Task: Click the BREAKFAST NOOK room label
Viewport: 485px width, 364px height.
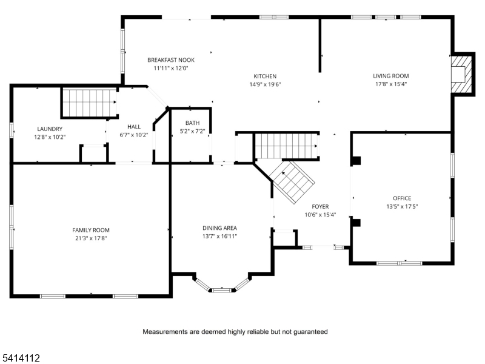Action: click(x=171, y=60)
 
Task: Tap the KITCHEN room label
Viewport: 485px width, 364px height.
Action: click(x=265, y=76)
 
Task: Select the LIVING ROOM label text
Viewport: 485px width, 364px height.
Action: click(x=390, y=76)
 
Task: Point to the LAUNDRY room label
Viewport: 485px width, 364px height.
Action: click(x=50, y=129)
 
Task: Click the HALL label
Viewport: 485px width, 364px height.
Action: click(x=134, y=127)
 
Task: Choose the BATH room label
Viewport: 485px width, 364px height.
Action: click(x=192, y=123)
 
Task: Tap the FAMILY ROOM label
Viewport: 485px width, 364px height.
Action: click(x=91, y=230)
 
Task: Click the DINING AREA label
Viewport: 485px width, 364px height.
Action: click(x=219, y=228)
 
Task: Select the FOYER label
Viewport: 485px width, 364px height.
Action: click(x=320, y=207)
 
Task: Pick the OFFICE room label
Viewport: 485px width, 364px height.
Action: click(x=402, y=198)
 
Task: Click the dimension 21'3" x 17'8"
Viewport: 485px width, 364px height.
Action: click(x=91, y=238)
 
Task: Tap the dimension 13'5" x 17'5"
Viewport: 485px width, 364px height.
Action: click(x=402, y=206)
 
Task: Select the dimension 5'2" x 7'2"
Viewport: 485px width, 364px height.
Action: click(x=192, y=131)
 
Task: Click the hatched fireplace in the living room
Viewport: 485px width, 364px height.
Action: click(x=462, y=73)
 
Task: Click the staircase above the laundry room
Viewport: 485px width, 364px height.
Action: click(x=90, y=102)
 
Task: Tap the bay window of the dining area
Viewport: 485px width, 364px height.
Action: click(x=221, y=289)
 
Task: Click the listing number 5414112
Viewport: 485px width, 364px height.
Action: click(x=21, y=359)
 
